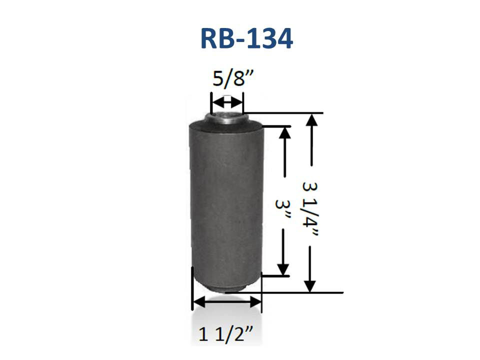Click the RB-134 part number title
tap(246, 39)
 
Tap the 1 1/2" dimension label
tap(226, 334)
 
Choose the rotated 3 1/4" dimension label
tap(310, 209)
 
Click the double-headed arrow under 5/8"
tap(227, 102)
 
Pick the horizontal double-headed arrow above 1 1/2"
tap(226, 302)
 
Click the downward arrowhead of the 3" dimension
tap(283, 269)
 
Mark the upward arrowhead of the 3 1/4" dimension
tap(311, 119)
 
